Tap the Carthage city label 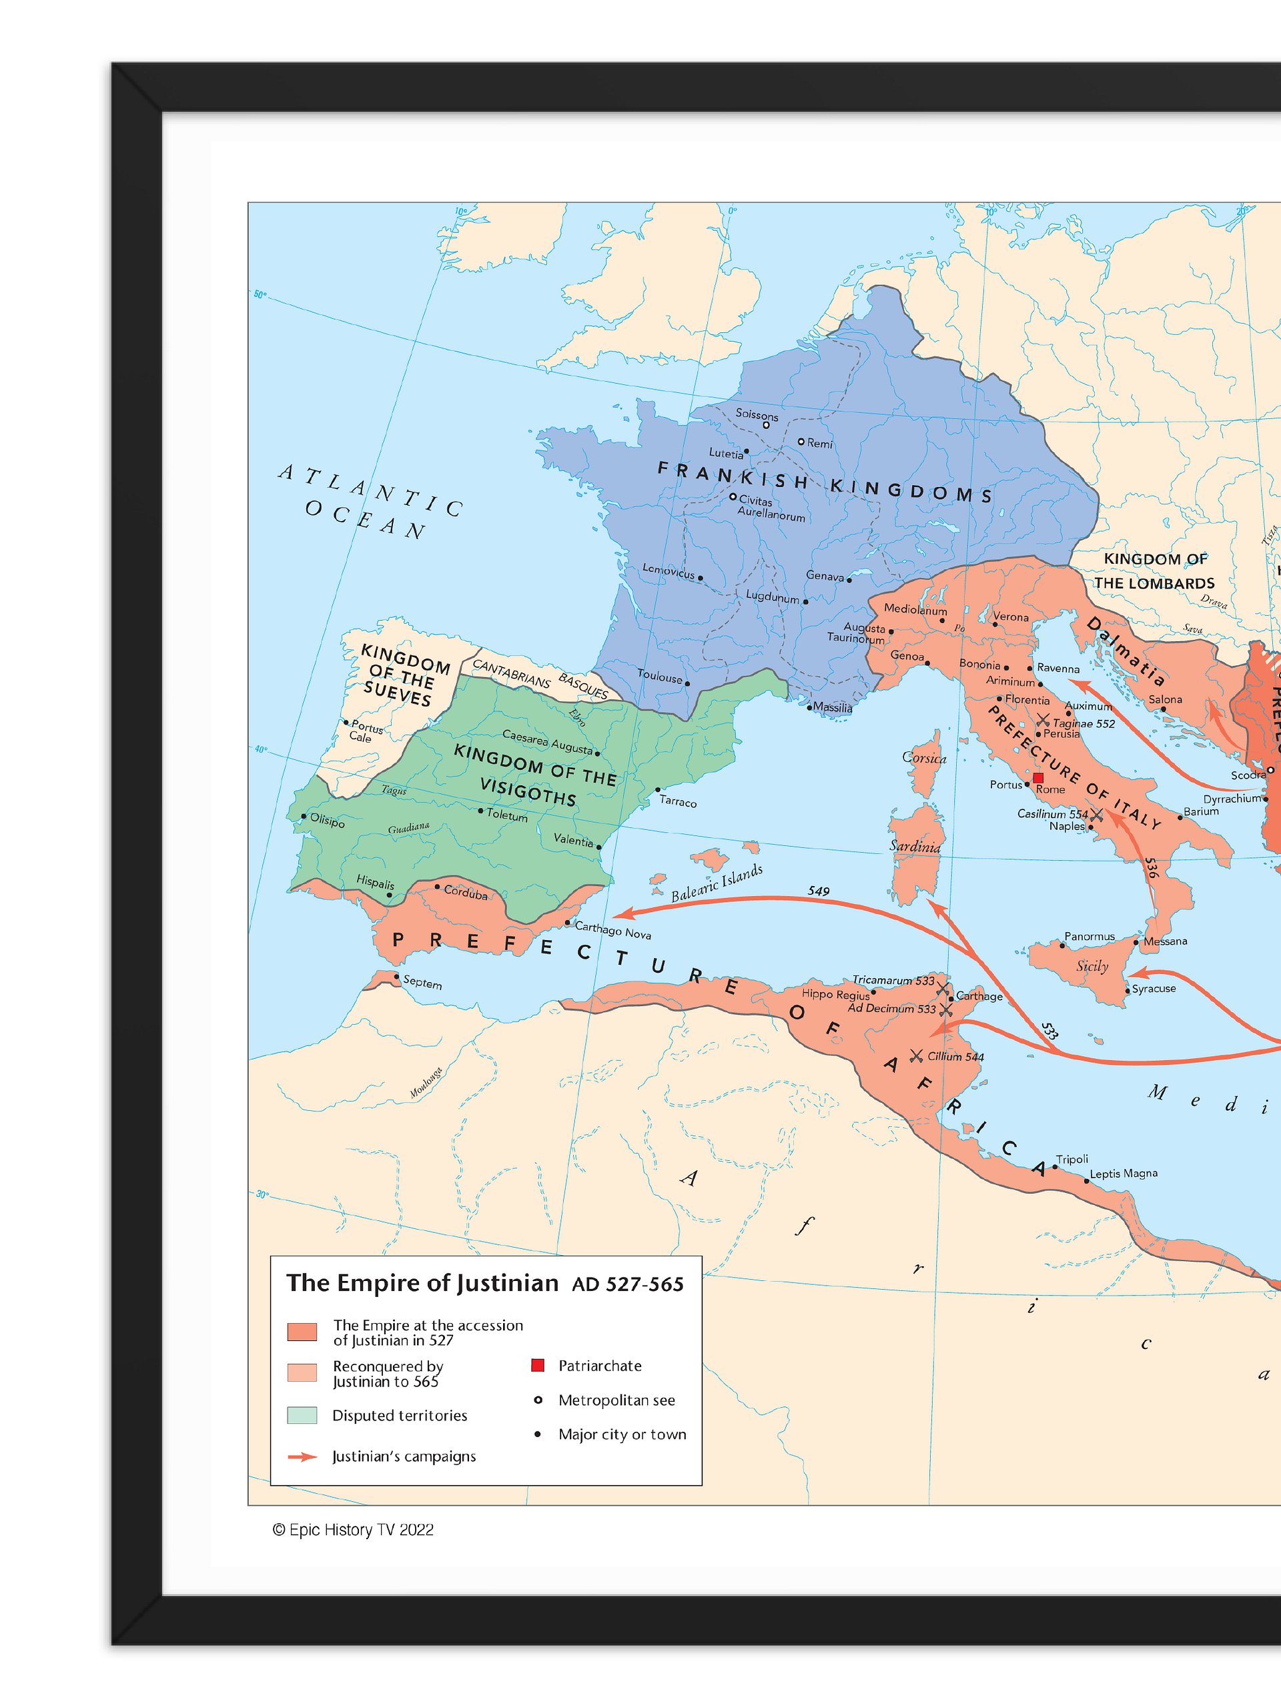(979, 996)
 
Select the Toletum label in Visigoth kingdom (506, 815)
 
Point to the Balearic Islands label (717, 883)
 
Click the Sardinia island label (914, 846)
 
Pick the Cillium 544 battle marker (917, 1055)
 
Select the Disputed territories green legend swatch (302, 1415)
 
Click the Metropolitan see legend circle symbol (538, 1400)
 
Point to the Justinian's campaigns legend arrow (302, 1456)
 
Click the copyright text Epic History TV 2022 (353, 1530)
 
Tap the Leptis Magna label (1124, 1174)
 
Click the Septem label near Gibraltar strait (422, 982)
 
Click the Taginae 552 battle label (1084, 723)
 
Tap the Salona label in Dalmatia (1165, 700)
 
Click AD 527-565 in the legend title (628, 1284)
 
